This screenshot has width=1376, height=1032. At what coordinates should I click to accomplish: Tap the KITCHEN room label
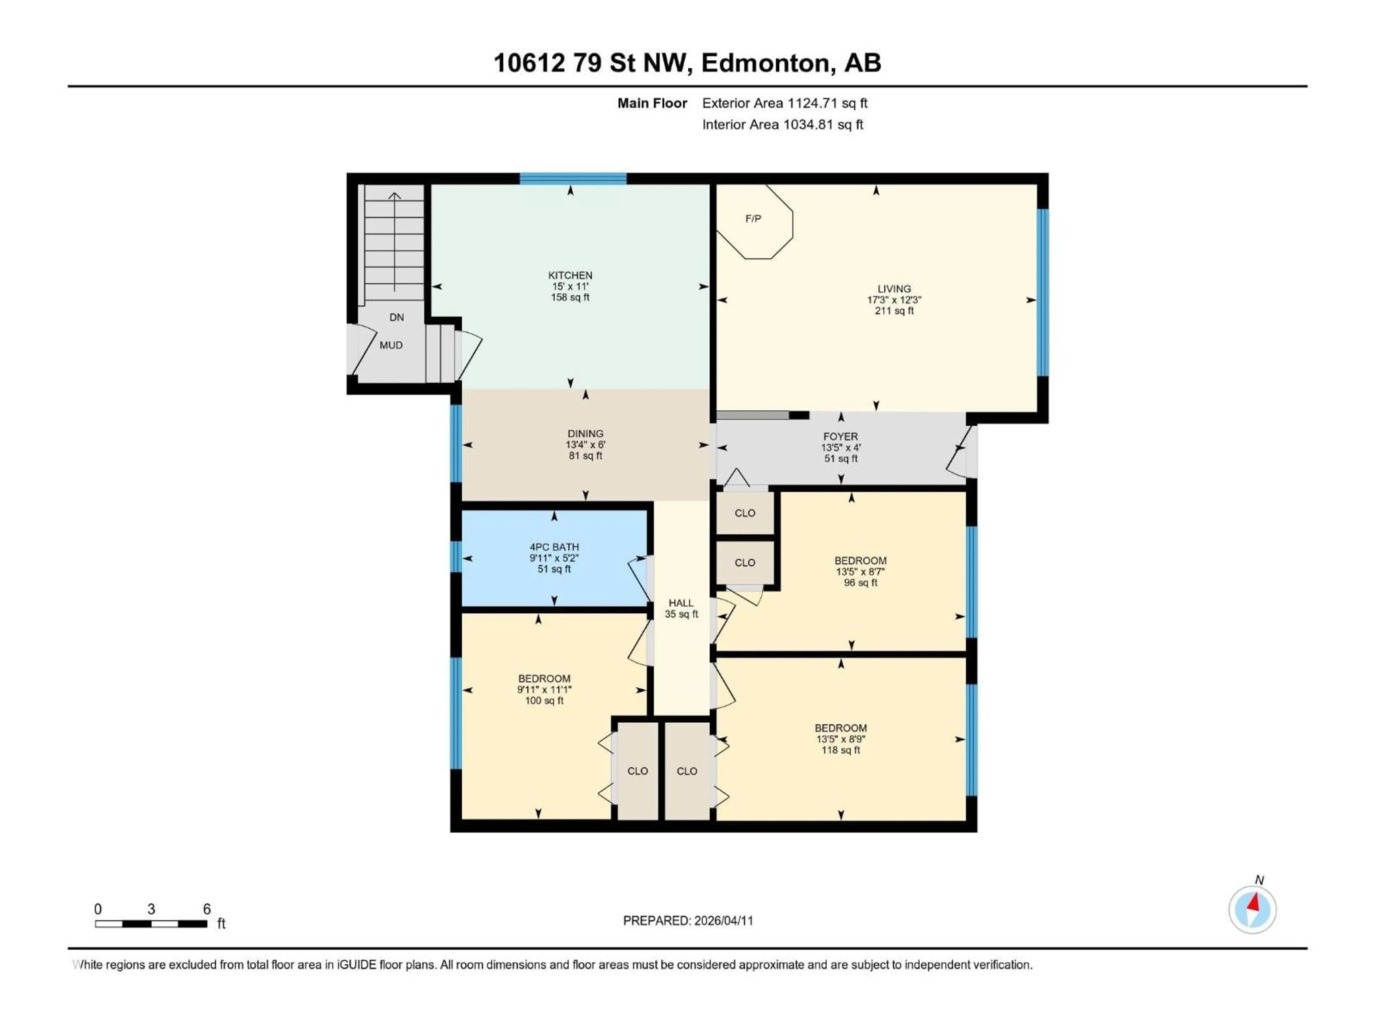click(x=570, y=275)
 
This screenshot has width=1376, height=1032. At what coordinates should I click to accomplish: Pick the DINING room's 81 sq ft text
click(x=586, y=456)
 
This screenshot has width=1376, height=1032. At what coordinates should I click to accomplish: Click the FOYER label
click(x=840, y=437)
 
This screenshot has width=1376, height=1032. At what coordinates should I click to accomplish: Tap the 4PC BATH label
click(x=554, y=547)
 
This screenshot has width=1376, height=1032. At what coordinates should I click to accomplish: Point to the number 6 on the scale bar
click(x=207, y=909)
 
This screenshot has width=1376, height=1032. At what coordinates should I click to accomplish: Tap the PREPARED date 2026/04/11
click(x=723, y=921)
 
